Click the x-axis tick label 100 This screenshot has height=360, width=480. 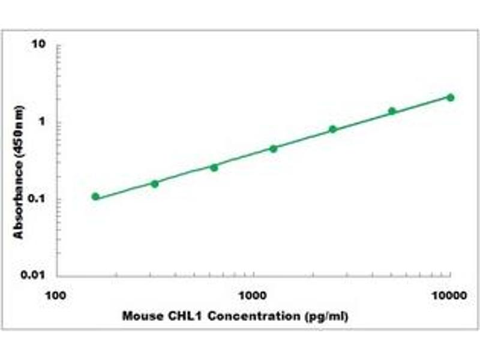[56, 295]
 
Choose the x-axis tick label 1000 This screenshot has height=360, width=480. [254, 295]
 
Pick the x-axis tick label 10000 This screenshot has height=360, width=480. [450, 295]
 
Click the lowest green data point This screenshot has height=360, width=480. [95, 196]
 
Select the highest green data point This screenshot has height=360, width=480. [451, 97]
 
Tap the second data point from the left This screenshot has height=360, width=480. [154, 184]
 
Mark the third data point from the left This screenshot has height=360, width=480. [214, 167]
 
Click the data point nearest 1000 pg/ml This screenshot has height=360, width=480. [273, 148]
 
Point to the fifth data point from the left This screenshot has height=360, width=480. [332, 129]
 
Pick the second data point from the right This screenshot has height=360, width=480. [392, 111]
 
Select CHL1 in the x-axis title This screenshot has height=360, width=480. [180, 316]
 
